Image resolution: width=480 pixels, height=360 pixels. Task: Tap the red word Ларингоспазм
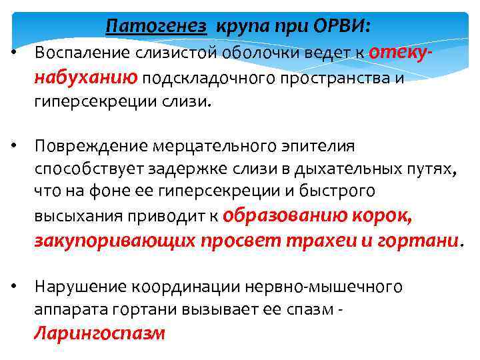tap(99, 333)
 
